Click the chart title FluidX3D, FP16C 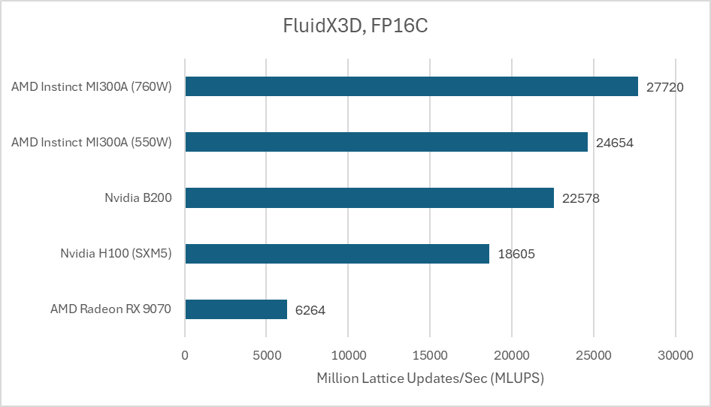click(x=355, y=27)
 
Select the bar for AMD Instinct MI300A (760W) click(x=411, y=86)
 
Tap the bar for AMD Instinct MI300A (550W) click(x=386, y=142)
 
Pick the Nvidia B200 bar click(x=369, y=198)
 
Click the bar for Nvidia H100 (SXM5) click(x=337, y=254)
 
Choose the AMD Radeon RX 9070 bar click(x=236, y=309)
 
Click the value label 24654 click(x=615, y=143)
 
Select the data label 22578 click(x=580, y=199)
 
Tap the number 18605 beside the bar click(x=516, y=255)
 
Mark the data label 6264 click(x=310, y=310)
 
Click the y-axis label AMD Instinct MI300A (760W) click(x=92, y=87)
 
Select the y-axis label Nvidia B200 click(x=138, y=198)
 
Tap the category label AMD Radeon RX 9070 click(x=111, y=309)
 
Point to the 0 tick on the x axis click(x=185, y=355)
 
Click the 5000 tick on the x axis click(x=267, y=355)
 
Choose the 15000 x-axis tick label click(x=430, y=355)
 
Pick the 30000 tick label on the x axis click(x=675, y=355)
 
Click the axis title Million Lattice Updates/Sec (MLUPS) click(x=430, y=378)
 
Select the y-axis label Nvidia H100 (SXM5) click(x=116, y=254)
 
